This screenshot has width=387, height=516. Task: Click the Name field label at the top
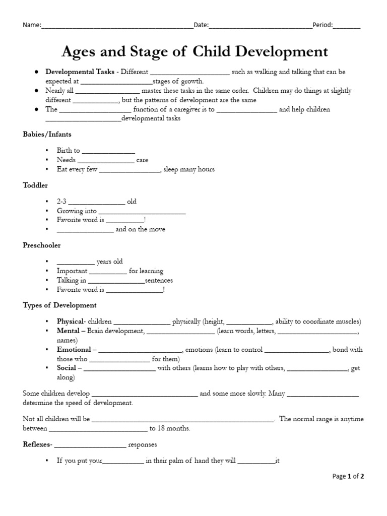[31, 25]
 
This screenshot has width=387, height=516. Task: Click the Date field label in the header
[201, 25]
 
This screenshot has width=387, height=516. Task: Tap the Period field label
[322, 25]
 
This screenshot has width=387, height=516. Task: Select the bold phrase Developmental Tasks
[80, 72]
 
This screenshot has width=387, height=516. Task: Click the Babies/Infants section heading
[47, 135]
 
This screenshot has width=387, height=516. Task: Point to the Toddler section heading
[35, 185]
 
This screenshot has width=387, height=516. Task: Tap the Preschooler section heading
[41, 245]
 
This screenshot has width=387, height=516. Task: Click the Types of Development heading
[59, 305]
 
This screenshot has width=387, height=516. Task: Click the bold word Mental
[68, 331]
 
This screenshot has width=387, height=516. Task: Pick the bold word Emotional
[74, 350]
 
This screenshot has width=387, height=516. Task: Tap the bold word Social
[66, 368]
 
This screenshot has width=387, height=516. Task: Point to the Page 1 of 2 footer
[348, 476]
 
